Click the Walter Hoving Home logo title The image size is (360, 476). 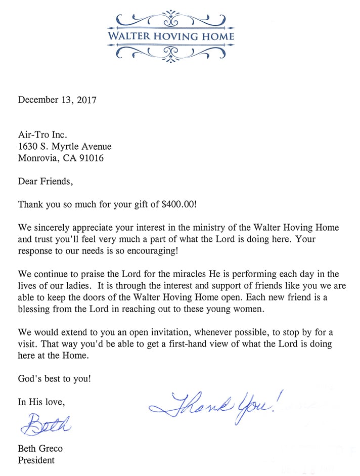(x=171, y=36)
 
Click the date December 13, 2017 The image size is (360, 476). (x=57, y=100)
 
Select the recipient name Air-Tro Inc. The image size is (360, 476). (x=42, y=135)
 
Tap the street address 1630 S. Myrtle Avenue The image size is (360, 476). (x=65, y=147)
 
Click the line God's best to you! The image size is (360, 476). (x=55, y=378)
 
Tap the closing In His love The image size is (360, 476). (x=41, y=402)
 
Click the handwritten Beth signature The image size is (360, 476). (x=46, y=423)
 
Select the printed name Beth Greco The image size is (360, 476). (x=40, y=449)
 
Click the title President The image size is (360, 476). (x=36, y=460)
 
